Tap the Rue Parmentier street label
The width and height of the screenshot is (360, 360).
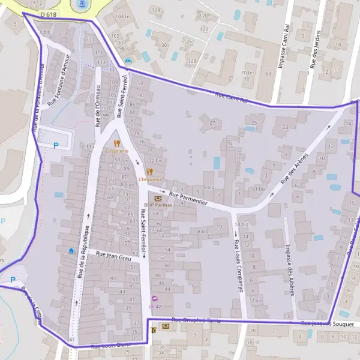tap(188, 199)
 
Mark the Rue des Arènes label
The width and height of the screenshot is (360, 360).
tap(298, 167)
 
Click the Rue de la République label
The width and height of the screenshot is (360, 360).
tap(83, 251)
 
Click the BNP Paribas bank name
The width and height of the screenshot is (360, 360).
tap(158, 205)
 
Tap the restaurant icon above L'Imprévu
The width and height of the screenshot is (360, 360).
tap(149, 172)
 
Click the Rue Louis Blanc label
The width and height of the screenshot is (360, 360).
tap(110, 345)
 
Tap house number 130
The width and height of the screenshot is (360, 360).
tap(163, 45)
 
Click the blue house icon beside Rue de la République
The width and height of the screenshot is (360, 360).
tap(71, 250)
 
